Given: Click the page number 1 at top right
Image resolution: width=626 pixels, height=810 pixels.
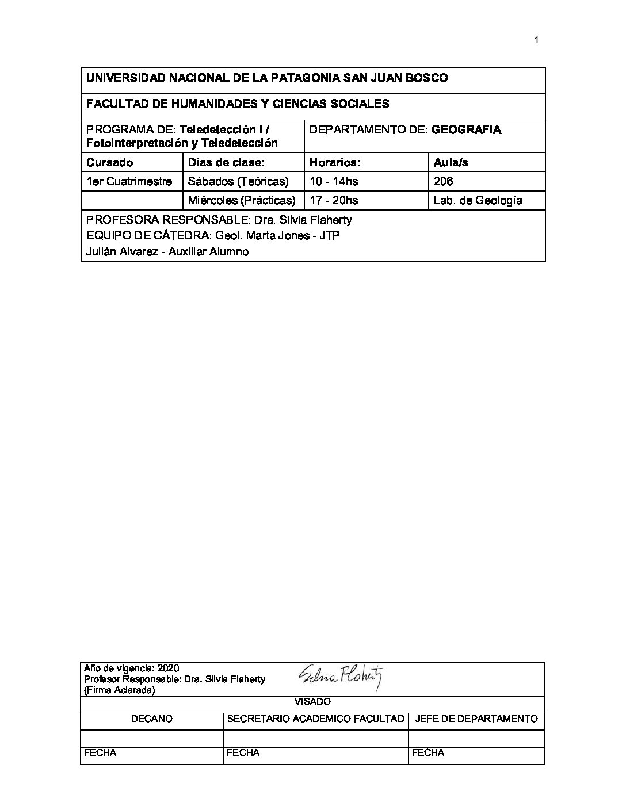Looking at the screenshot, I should tap(536, 40).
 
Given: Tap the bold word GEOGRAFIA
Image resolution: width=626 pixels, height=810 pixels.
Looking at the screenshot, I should tap(466, 129).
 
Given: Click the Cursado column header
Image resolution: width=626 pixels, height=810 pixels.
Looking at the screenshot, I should tap(109, 162).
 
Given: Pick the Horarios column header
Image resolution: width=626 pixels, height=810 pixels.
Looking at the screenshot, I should tap(335, 162).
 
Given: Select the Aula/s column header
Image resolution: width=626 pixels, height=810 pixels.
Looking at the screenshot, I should tap(451, 162).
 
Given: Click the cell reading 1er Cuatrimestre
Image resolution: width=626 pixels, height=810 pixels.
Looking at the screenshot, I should tap(129, 181).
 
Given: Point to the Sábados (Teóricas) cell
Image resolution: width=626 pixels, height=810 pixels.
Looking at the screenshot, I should tap(238, 181).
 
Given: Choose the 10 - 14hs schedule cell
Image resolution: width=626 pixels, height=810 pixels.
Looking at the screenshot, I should tap(334, 181).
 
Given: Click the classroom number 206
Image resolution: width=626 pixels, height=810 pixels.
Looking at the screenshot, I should tap(443, 181).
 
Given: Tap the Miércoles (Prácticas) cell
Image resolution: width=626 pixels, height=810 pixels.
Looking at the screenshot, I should tap(242, 200).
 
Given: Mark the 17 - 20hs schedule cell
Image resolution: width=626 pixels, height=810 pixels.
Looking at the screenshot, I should tap(334, 200).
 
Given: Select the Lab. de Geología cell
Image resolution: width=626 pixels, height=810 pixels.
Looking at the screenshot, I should tap(478, 200).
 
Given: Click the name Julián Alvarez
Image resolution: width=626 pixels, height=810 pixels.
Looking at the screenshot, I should tap(122, 251).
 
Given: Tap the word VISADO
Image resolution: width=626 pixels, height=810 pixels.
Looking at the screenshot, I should tap(312, 701).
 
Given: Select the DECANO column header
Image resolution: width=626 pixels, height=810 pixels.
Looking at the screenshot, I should tap(152, 719).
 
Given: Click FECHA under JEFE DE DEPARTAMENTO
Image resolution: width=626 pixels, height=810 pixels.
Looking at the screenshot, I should tap(428, 752).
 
